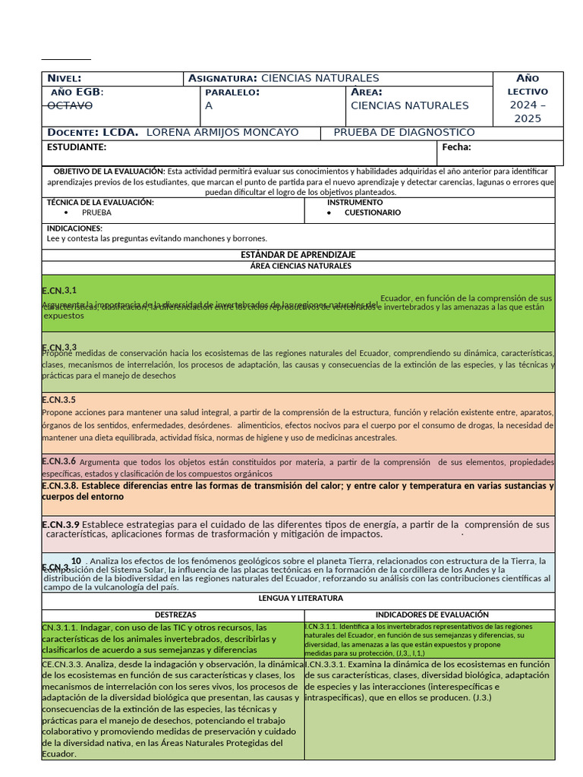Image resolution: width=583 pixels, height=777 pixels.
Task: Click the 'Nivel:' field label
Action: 65,79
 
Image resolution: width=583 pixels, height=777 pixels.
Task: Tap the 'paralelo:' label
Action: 232,93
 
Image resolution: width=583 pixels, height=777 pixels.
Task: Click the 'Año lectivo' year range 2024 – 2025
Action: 527,112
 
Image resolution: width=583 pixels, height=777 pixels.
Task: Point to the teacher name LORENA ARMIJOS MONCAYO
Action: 222,133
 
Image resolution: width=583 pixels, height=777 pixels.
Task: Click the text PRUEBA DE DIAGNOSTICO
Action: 404,133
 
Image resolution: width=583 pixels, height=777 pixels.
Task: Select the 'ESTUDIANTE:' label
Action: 77,147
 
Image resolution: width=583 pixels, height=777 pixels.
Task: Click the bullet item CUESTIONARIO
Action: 373,213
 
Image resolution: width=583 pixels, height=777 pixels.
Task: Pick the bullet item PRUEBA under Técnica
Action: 96,213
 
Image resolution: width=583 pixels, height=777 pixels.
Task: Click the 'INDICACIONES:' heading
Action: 74,228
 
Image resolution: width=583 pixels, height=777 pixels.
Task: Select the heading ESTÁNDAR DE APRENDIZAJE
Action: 298,255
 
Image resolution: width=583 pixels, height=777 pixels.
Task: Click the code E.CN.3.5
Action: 59,400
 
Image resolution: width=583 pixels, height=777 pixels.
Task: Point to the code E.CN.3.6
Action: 59,461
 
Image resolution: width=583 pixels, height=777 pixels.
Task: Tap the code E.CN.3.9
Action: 60,524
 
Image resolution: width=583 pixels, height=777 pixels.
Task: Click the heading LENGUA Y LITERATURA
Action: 298,599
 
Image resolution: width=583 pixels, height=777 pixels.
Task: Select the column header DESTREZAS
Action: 175,615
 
